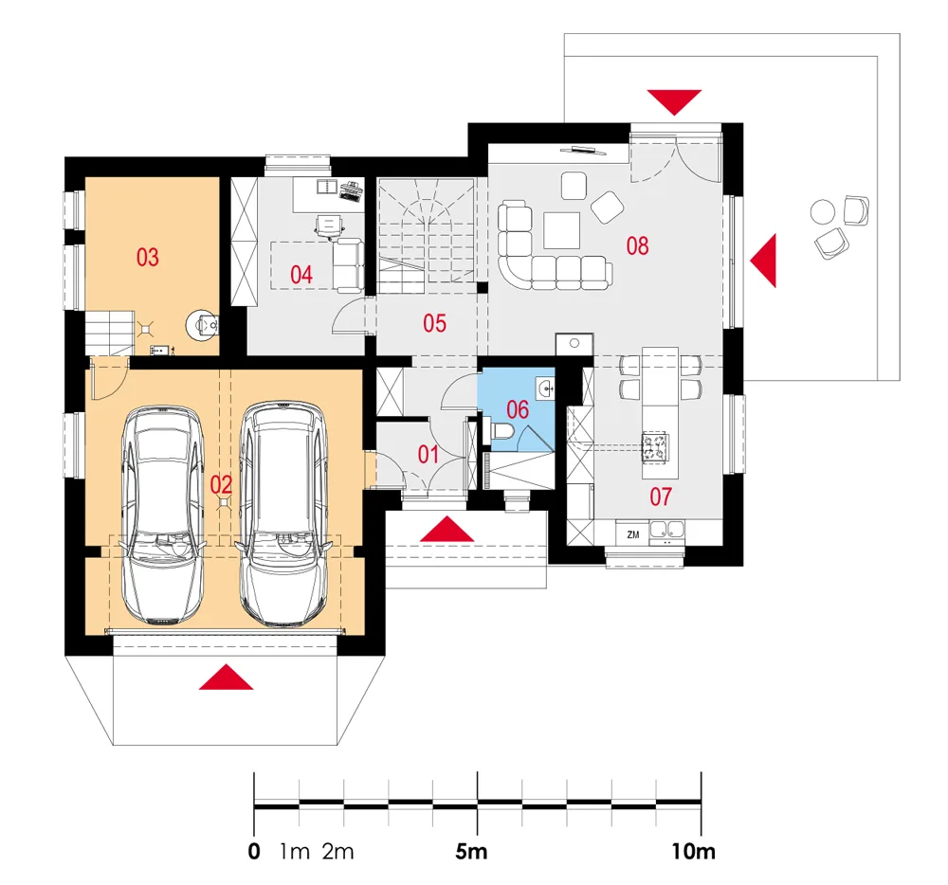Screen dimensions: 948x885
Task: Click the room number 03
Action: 148,258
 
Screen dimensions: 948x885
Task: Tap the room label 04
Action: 301,275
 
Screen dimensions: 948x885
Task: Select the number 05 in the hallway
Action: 435,323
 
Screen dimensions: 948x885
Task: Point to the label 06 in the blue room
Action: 518,409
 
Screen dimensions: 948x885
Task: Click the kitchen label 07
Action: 661,497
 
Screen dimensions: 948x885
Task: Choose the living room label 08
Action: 637,245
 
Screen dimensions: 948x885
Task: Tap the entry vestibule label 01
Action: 428,454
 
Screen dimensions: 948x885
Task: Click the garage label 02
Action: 221,484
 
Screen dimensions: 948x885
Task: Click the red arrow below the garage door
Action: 227,677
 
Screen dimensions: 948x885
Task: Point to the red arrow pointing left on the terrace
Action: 763,261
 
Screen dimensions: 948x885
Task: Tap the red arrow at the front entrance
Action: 447,529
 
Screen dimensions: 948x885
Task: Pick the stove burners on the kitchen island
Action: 655,447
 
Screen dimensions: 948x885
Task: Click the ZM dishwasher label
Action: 633,534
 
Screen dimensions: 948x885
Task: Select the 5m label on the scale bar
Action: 471,852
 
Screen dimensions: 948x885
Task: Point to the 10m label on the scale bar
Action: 693,852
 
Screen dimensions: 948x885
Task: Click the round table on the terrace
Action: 822,212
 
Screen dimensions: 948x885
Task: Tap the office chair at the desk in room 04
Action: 329,226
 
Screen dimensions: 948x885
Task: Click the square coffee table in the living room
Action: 561,230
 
